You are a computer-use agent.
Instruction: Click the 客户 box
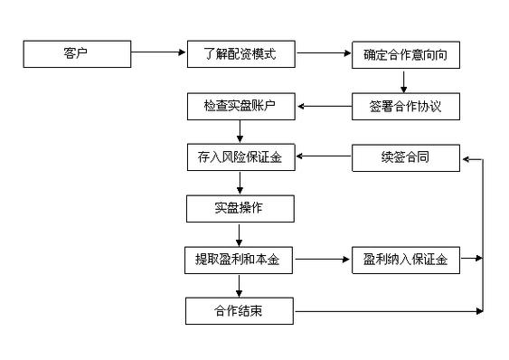click(76, 54)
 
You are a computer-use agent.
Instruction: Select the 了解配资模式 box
click(241, 54)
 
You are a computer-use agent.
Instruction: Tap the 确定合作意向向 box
click(406, 54)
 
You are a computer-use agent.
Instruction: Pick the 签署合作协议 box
click(406, 107)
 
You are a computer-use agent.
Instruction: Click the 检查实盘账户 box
click(241, 107)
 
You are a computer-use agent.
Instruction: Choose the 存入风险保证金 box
click(241, 158)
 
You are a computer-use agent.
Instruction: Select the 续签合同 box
click(406, 158)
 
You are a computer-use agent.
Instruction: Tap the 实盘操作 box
click(241, 210)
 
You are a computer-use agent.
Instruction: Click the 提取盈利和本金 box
click(241, 261)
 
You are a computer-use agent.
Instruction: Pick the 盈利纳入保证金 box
click(406, 261)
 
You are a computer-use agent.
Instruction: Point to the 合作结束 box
click(241, 313)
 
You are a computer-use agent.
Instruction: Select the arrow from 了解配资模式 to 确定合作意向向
click(324, 54)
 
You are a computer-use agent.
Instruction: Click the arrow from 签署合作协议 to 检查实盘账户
click(324, 107)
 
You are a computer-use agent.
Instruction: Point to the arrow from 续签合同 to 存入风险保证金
click(324, 158)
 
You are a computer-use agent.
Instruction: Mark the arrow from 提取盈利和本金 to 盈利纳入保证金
click(324, 261)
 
